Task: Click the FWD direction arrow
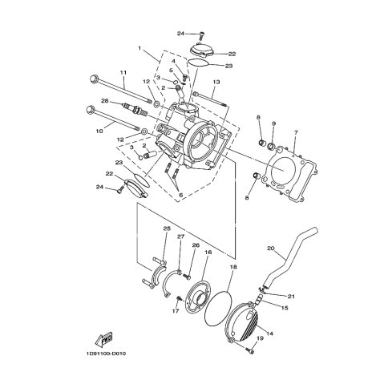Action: pyautogui.click(x=104, y=338)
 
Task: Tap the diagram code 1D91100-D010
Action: pyautogui.click(x=106, y=354)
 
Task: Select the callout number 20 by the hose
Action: pyautogui.click(x=271, y=249)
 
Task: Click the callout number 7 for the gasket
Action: pyautogui.click(x=296, y=132)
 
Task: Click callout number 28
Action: pyautogui.click(x=104, y=101)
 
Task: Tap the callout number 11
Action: pyautogui.click(x=123, y=72)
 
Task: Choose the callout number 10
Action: pyautogui.click(x=99, y=131)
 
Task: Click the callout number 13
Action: pyautogui.click(x=216, y=82)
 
